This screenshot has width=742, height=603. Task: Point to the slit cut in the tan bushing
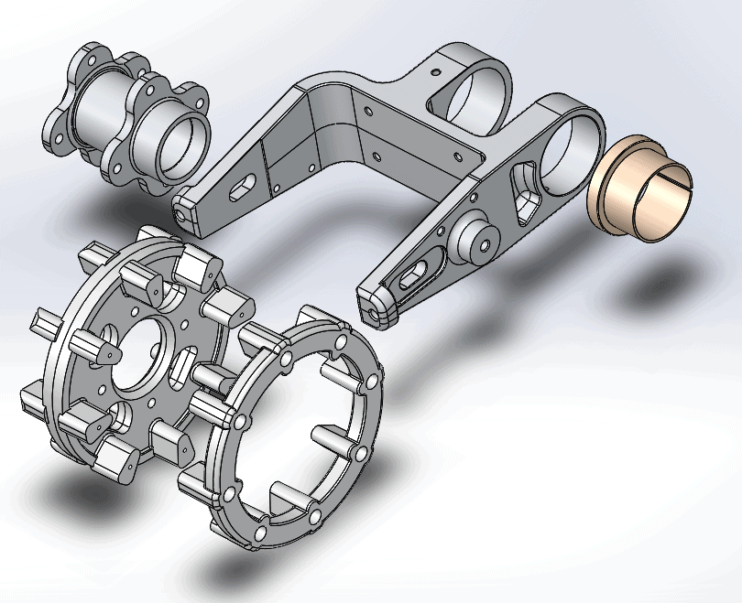(x=676, y=183)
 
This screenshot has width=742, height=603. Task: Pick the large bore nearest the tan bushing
(x=566, y=146)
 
